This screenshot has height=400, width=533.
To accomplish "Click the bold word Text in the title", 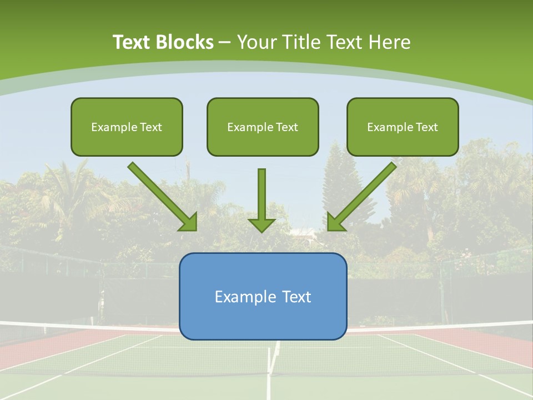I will point(132,42).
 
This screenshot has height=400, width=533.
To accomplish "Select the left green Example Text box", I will point(127,127).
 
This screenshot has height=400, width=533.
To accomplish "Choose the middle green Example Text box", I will point(263,127).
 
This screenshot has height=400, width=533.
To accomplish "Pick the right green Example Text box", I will point(403,127).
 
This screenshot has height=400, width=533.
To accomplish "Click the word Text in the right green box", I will point(426,127).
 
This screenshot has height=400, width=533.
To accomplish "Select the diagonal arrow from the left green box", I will point(162,196).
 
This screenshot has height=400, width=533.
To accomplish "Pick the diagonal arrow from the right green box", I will point(363,196).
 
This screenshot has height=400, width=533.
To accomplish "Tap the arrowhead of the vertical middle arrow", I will point(262,224).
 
